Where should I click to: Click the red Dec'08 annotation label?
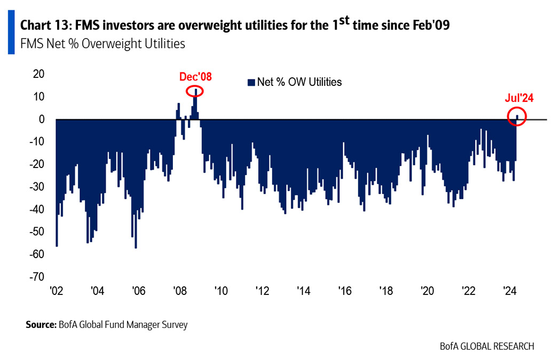tap(195, 77)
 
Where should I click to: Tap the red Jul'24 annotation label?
tap(519, 98)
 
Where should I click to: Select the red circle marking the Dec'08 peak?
tap(196, 91)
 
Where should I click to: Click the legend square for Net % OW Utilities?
tap(250, 82)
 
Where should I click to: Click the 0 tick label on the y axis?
tap(41, 119)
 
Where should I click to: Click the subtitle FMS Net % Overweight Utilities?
tap(102, 44)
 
